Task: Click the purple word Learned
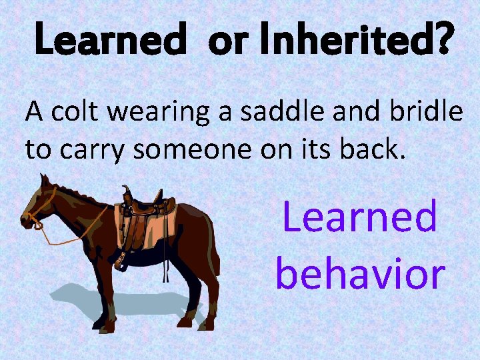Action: coord(359,217)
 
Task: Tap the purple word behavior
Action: coord(359,273)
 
